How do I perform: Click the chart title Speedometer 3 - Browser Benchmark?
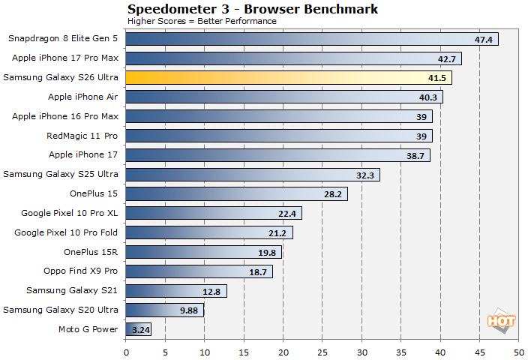point(252,9)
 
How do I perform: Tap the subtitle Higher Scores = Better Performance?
point(202,21)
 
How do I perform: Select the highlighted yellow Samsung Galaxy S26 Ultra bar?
point(289,77)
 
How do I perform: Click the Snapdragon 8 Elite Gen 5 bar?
point(311,39)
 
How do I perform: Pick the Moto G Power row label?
point(88,329)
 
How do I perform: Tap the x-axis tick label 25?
point(322,351)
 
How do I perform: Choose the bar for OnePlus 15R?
point(203,252)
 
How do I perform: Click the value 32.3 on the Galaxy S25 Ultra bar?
point(367,175)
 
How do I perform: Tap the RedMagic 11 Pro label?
point(82,136)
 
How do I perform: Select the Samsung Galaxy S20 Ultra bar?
point(164,310)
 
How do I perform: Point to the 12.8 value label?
point(213,291)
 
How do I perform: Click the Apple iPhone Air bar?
point(283,97)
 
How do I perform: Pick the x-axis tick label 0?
point(126,351)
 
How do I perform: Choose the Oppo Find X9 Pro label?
point(80,271)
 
